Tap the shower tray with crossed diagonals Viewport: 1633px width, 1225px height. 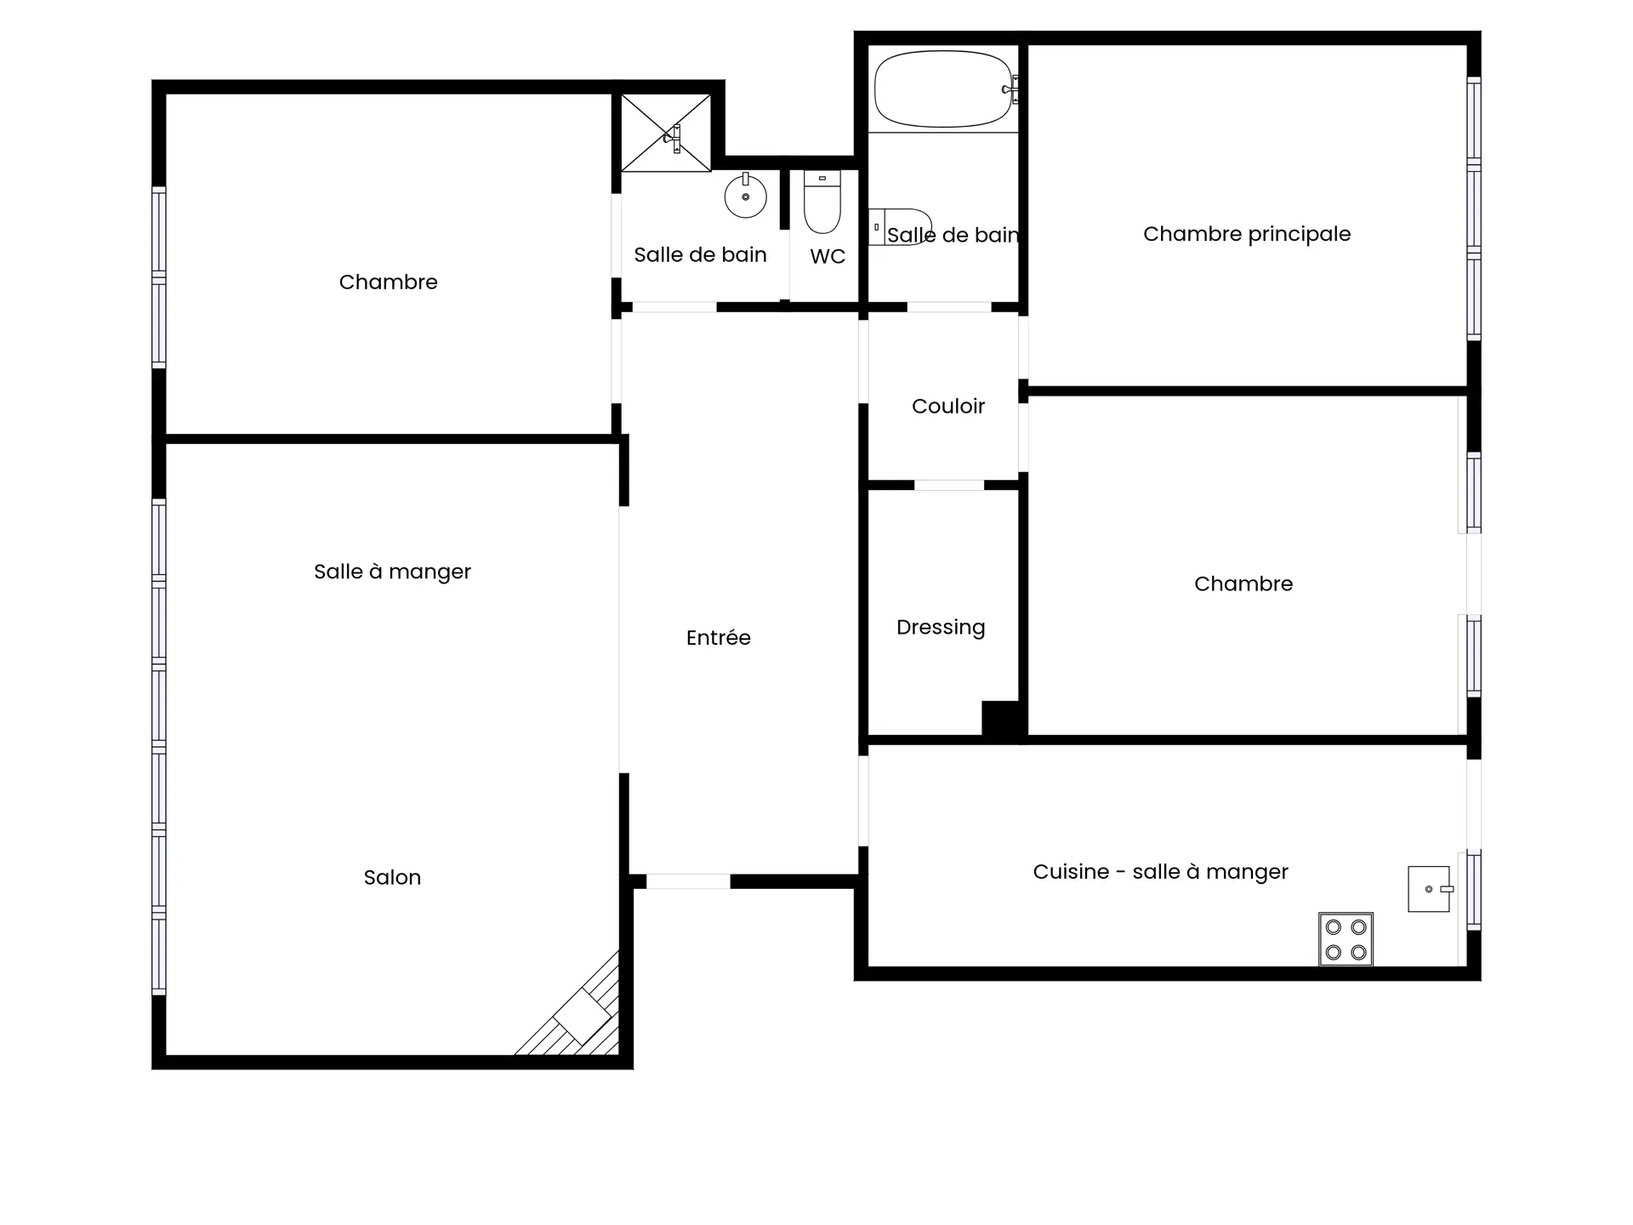(x=665, y=133)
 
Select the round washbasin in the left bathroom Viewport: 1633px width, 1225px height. (x=745, y=196)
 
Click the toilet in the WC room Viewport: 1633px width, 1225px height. (x=822, y=202)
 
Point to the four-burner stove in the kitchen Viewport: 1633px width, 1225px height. (x=1346, y=939)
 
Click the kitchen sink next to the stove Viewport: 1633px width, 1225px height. (x=1431, y=889)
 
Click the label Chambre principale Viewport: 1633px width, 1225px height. (x=1247, y=234)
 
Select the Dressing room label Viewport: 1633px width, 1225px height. (x=941, y=628)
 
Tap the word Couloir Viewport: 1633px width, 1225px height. (x=948, y=407)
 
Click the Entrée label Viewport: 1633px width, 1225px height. (x=719, y=638)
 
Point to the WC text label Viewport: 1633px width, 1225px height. (x=828, y=257)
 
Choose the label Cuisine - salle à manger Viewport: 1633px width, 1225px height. (x=1161, y=872)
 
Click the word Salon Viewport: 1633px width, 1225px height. (x=392, y=878)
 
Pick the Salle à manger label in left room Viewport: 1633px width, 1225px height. (x=392, y=572)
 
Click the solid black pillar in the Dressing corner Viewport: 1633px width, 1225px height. (x=1001, y=719)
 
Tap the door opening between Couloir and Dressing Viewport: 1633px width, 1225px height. (x=949, y=485)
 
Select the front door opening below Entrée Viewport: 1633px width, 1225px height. (x=688, y=881)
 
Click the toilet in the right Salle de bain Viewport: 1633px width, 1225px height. (x=900, y=227)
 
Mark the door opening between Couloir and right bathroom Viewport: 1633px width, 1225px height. (x=949, y=307)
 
